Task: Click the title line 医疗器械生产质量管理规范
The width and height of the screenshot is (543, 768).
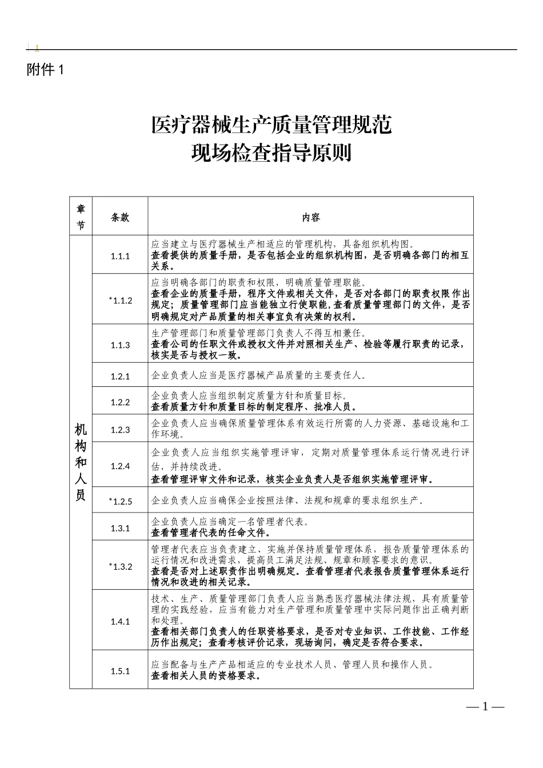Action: pos(271,124)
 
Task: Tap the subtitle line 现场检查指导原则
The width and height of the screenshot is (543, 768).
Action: pos(271,153)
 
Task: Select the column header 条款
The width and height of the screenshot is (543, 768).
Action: pos(120,217)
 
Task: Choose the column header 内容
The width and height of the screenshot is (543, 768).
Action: pos(311,217)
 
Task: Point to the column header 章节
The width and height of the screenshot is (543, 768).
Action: pos(81,217)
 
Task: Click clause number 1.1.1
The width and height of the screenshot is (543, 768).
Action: pos(120,256)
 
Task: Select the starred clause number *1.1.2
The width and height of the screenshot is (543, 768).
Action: pos(120,300)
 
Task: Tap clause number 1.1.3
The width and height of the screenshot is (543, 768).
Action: pos(120,345)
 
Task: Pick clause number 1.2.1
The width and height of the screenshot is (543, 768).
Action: pos(120,376)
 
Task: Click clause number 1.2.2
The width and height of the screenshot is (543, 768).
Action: pos(120,402)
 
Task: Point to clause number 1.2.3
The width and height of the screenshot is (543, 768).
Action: pos(120,429)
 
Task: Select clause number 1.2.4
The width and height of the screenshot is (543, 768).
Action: pos(120,466)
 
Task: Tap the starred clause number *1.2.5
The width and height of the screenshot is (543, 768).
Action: pos(120,501)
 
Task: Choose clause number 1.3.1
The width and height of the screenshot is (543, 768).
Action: pos(120,528)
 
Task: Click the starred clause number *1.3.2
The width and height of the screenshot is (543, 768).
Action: pos(120,566)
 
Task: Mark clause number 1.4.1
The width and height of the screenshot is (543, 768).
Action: pos(120,621)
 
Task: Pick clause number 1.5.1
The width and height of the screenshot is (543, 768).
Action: pos(120,671)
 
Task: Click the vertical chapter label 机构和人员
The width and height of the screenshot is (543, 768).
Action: pos(81,462)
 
